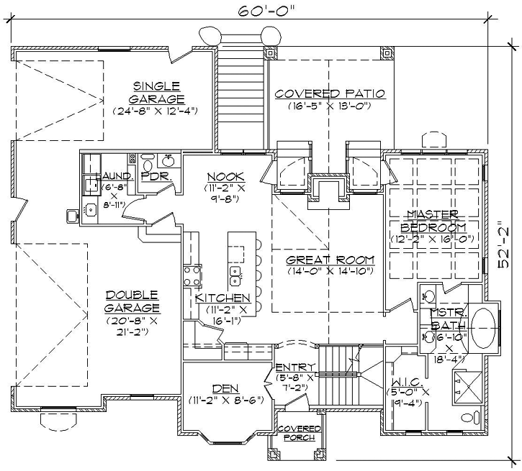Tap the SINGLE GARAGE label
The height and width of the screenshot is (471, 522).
tap(156, 92)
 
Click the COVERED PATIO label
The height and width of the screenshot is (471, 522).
tap(330, 93)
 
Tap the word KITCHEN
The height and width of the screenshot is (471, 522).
tap(222, 297)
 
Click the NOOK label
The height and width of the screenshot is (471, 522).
tap(225, 176)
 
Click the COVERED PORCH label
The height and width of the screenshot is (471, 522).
tap(294, 433)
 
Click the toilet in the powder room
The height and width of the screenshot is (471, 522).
tap(148, 159)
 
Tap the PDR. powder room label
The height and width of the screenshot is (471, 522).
tap(155, 176)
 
